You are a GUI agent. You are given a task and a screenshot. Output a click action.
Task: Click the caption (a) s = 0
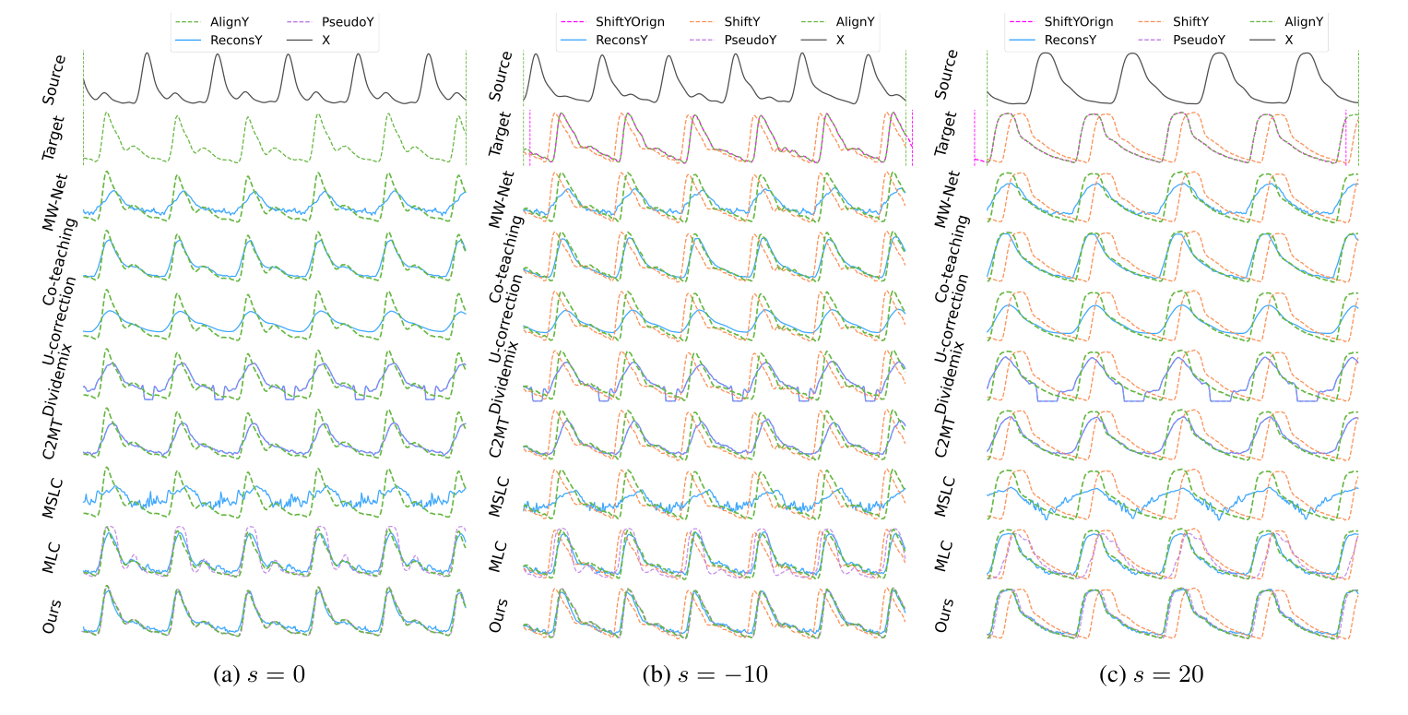259,674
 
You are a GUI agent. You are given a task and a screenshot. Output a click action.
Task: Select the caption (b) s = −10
705,674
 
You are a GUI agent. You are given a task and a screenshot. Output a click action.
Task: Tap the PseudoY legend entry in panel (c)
1195,40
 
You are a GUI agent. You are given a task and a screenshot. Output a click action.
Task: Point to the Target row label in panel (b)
495,137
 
